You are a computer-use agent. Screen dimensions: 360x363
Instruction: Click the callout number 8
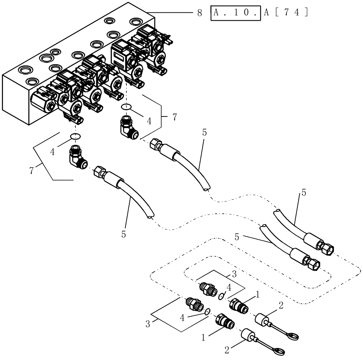[x=199, y=12]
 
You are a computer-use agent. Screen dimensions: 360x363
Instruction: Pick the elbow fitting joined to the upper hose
[x=128, y=127]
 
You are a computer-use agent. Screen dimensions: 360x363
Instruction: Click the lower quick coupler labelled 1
[x=224, y=321]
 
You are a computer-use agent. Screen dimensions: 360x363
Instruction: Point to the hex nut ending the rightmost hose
[x=325, y=247]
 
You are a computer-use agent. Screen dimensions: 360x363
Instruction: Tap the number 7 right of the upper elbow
[x=175, y=117]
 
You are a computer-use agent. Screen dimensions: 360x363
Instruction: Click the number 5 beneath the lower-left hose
[x=123, y=234]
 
